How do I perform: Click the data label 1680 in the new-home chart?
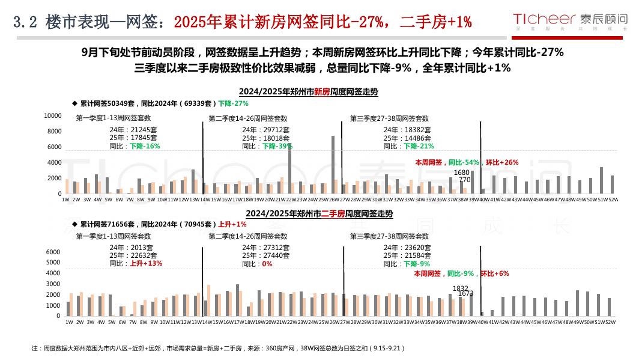coord(461,172)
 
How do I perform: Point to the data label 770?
coord(464,180)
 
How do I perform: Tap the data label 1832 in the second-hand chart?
coord(460,288)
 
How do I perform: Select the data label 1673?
coord(465,293)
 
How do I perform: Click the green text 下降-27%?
coord(233,103)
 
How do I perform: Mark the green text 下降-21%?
coord(419,146)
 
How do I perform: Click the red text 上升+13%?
coord(146,263)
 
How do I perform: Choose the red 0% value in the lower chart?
coord(267,263)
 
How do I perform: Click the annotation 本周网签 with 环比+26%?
coord(467,162)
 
